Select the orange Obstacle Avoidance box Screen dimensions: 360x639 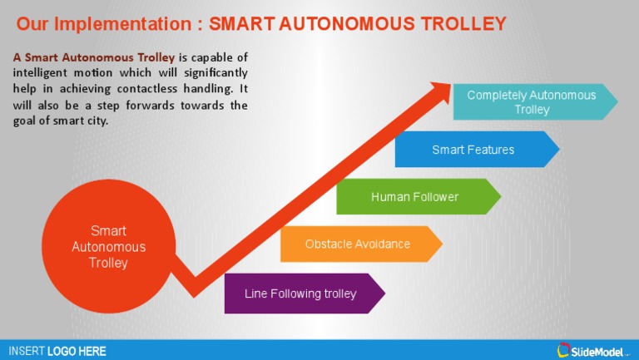[358, 244]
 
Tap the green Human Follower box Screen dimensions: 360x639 [414, 197]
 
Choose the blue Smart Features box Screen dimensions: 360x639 [473, 150]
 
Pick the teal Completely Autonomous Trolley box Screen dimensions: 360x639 [532, 102]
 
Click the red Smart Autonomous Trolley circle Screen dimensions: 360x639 [108, 246]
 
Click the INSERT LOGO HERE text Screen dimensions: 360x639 [57, 351]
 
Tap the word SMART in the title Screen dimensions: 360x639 [238, 23]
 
